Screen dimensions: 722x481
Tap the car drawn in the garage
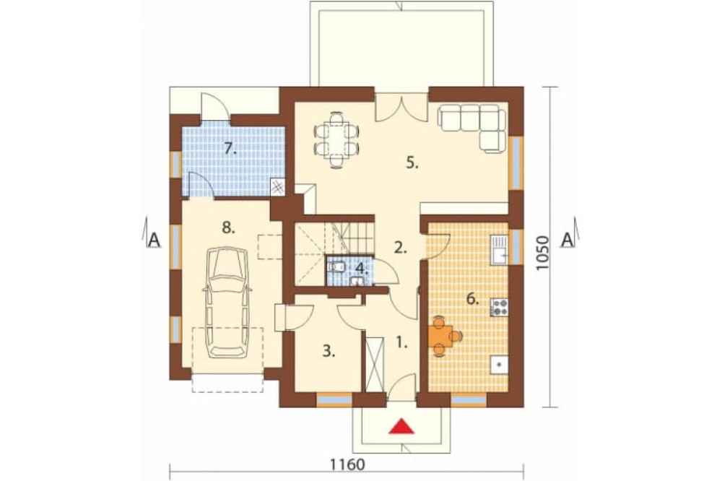227,302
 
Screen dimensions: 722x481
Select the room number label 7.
230,148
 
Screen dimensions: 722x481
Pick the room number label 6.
472,300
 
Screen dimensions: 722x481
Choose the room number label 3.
329,352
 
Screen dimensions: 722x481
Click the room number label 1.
402,343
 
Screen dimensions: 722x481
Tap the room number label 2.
401,248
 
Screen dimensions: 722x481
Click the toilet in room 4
336,266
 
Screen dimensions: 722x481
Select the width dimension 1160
347,465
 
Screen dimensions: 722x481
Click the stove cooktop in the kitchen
499,307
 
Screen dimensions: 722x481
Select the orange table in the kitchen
443,335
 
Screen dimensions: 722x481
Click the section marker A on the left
153,239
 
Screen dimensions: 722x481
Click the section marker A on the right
569,238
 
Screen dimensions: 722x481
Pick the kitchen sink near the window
499,250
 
